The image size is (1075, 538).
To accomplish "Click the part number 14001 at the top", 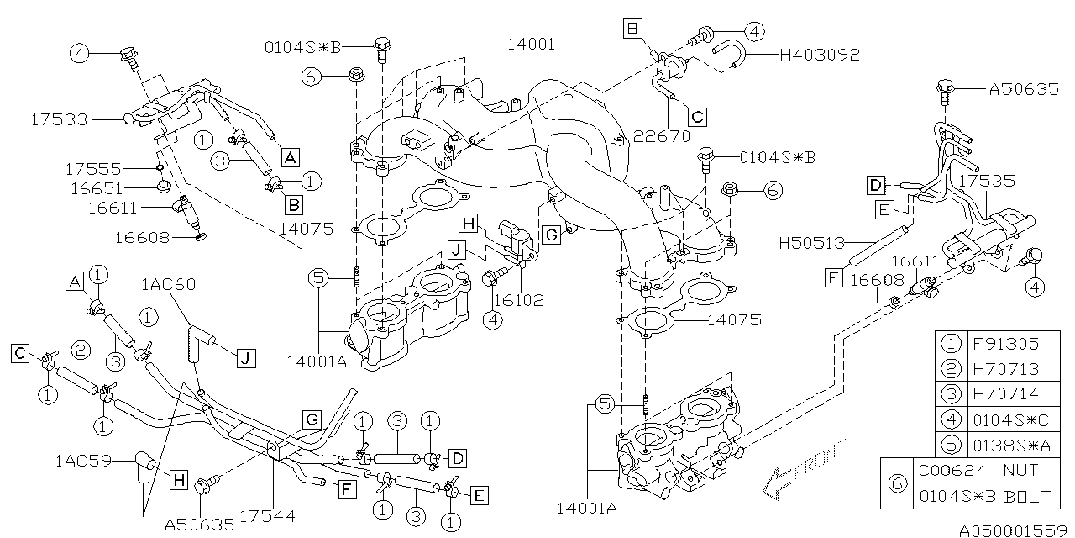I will tap(530, 45).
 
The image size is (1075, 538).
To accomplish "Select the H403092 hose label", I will tap(820, 55).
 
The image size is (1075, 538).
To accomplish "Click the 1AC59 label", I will tap(84, 461).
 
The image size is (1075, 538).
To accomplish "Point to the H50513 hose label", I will tap(810, 244).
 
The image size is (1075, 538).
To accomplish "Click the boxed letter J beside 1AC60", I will tap(244, 359).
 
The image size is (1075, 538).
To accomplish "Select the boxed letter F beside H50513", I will tap(834, 278).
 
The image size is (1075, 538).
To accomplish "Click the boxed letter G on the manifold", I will tap(551, 235).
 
